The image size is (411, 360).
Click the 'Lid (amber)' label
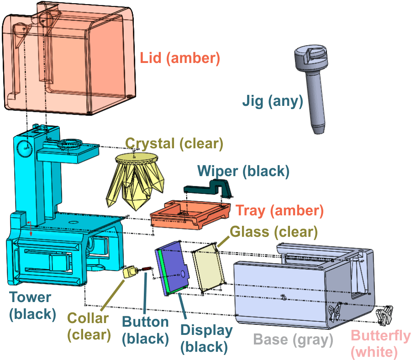[x=179, y=58]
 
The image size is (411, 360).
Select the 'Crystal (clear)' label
[x=174, y=144]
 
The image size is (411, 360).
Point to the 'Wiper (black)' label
[x=243, y=171]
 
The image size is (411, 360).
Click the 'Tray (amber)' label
[x=279, y=211]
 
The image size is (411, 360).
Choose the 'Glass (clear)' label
[x=274, y=232]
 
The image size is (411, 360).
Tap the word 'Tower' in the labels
[x=30, y=297]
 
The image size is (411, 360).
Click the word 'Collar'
[x=88, y=318]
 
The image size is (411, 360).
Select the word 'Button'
[x=145, y=322]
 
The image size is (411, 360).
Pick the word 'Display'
[x=206, y=330]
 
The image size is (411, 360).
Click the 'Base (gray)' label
[x=293, y=340]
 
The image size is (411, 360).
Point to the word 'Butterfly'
[x=380, y=336]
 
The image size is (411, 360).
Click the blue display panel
[x=173, y=268]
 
